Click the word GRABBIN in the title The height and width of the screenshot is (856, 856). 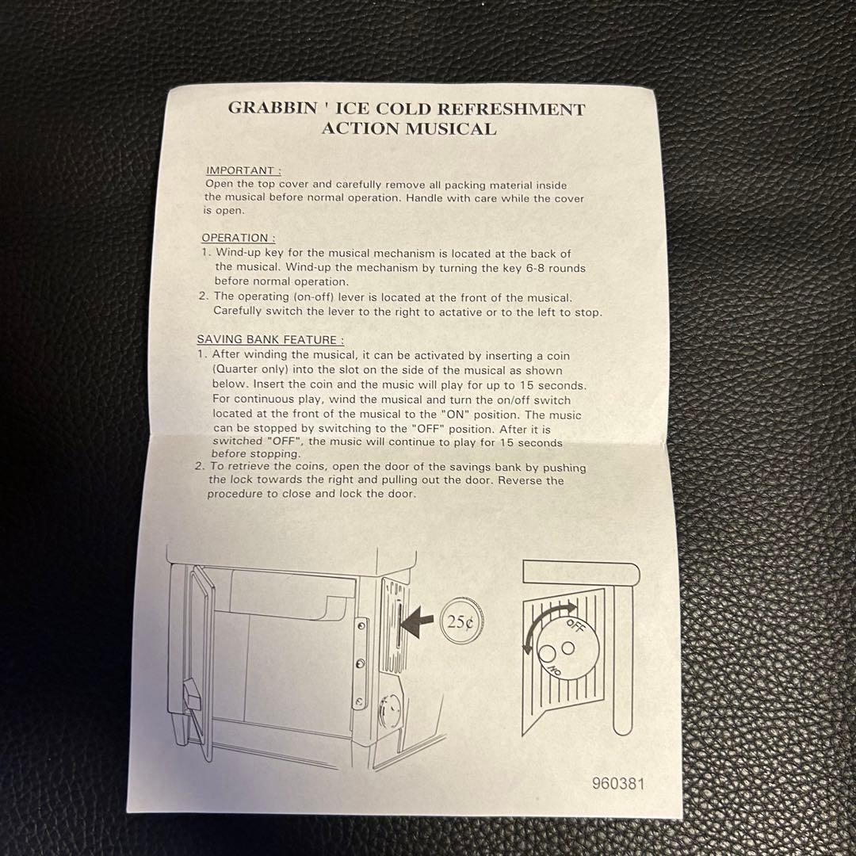273,107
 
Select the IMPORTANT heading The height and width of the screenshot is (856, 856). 243,170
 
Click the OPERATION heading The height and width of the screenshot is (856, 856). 238,238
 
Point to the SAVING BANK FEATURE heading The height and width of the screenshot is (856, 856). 270,339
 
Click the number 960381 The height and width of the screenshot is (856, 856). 618,784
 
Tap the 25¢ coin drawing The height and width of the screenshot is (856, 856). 462,622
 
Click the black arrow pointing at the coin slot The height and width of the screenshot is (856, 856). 418,622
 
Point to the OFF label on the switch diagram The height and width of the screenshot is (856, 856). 576,625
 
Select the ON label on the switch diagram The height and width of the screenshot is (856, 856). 554,670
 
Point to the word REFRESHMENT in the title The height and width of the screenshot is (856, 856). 511,109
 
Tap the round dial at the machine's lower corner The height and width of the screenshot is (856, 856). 389,709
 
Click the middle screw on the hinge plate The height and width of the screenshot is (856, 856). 360,663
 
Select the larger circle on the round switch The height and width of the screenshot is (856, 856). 548,653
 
